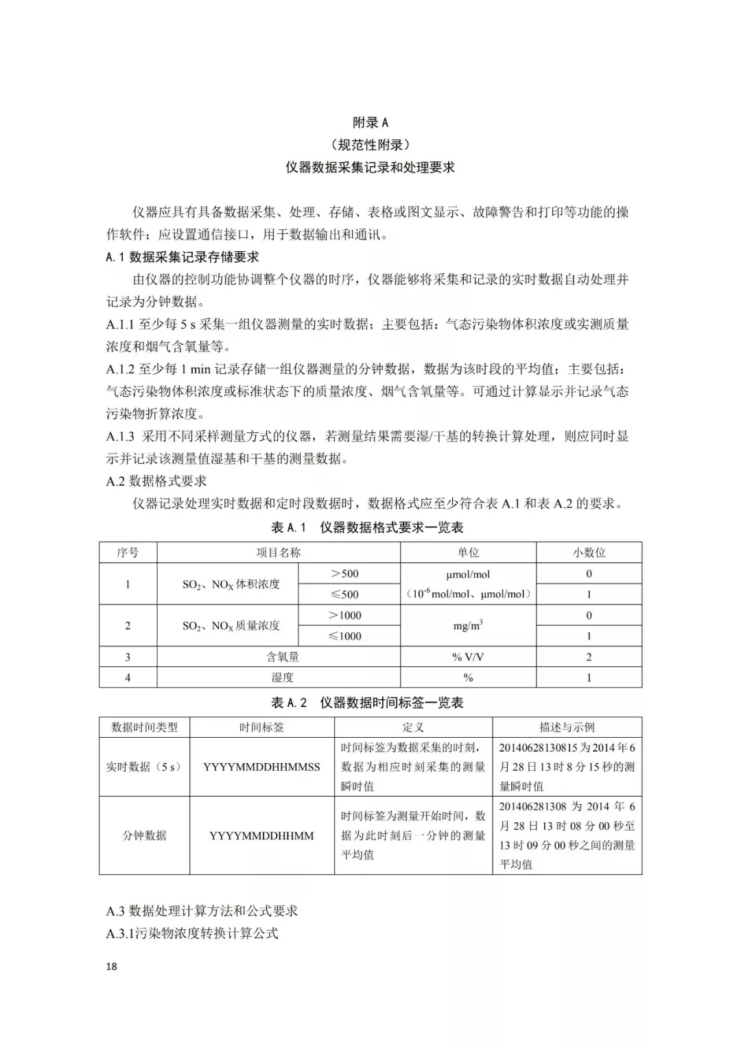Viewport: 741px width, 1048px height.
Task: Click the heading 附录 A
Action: click(370, 123)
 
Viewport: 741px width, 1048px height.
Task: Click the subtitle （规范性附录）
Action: click(370, 145)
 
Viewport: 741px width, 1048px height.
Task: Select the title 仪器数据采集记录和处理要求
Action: click(370, 167)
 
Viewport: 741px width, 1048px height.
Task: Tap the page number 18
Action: click(112, 966)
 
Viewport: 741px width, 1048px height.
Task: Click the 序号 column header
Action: click(128, 552)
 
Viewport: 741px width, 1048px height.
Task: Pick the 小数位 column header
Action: click(589, 552)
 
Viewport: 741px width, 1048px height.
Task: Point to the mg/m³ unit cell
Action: click(468, 625)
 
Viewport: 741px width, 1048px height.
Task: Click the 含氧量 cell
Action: click(283, 657)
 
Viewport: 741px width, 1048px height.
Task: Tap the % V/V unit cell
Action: click(468, 657)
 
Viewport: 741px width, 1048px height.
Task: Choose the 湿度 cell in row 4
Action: click(283, 677)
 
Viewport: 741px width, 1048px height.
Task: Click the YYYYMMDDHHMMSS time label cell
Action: click(261, 767)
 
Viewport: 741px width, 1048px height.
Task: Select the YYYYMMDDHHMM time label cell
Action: click(261, 836)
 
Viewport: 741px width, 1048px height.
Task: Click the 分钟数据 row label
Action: click(144, 836)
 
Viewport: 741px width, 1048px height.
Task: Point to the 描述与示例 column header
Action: click(567, 727)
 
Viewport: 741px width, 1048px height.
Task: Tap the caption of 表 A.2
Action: click(367, 703)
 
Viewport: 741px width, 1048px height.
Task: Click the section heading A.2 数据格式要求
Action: click(156, 481)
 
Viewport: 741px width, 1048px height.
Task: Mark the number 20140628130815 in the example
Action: click(538, 747)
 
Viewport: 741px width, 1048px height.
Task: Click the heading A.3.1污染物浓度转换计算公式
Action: click(192, 933)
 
